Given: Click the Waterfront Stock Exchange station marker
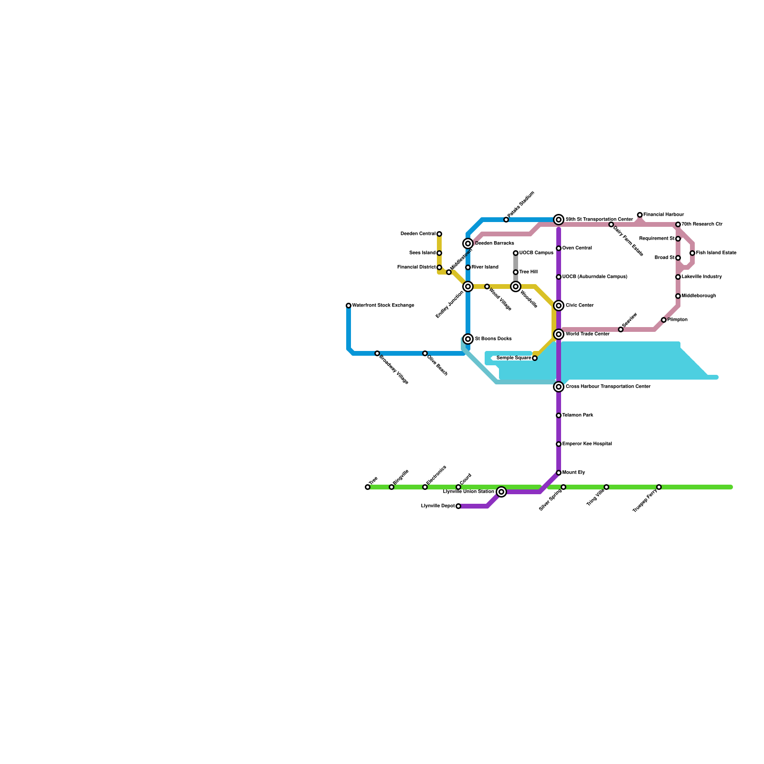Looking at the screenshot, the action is tap(349, 306).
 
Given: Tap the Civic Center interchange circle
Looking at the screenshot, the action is tap(559, 306).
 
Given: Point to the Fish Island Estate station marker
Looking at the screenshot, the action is tap(692, 253).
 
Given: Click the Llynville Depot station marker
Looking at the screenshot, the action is tap(458, 506).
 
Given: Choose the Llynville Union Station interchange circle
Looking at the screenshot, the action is tap(501, 492).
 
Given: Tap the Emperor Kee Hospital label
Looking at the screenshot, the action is tap(587, 444).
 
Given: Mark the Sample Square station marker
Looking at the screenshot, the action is tap(535, 358).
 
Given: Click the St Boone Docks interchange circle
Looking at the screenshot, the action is tap(468, 339).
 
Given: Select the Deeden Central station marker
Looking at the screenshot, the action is tap(439, 234).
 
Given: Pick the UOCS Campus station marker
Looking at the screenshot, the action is tap(516, 253).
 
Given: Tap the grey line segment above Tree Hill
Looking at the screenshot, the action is tap(516, 263).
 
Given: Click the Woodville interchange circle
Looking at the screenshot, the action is tap(516, 286).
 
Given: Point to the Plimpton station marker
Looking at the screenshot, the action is tap(664, 320).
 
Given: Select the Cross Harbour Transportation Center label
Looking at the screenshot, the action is tap(608, 387).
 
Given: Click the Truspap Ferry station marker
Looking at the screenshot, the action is tap(659, 487).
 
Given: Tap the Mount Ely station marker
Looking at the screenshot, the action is tap(559, 473).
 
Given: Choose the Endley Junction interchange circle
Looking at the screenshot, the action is tap(468, 286).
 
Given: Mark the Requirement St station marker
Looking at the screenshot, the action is tap(678, 239).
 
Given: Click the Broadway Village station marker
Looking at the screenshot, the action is tap(377, 353).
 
